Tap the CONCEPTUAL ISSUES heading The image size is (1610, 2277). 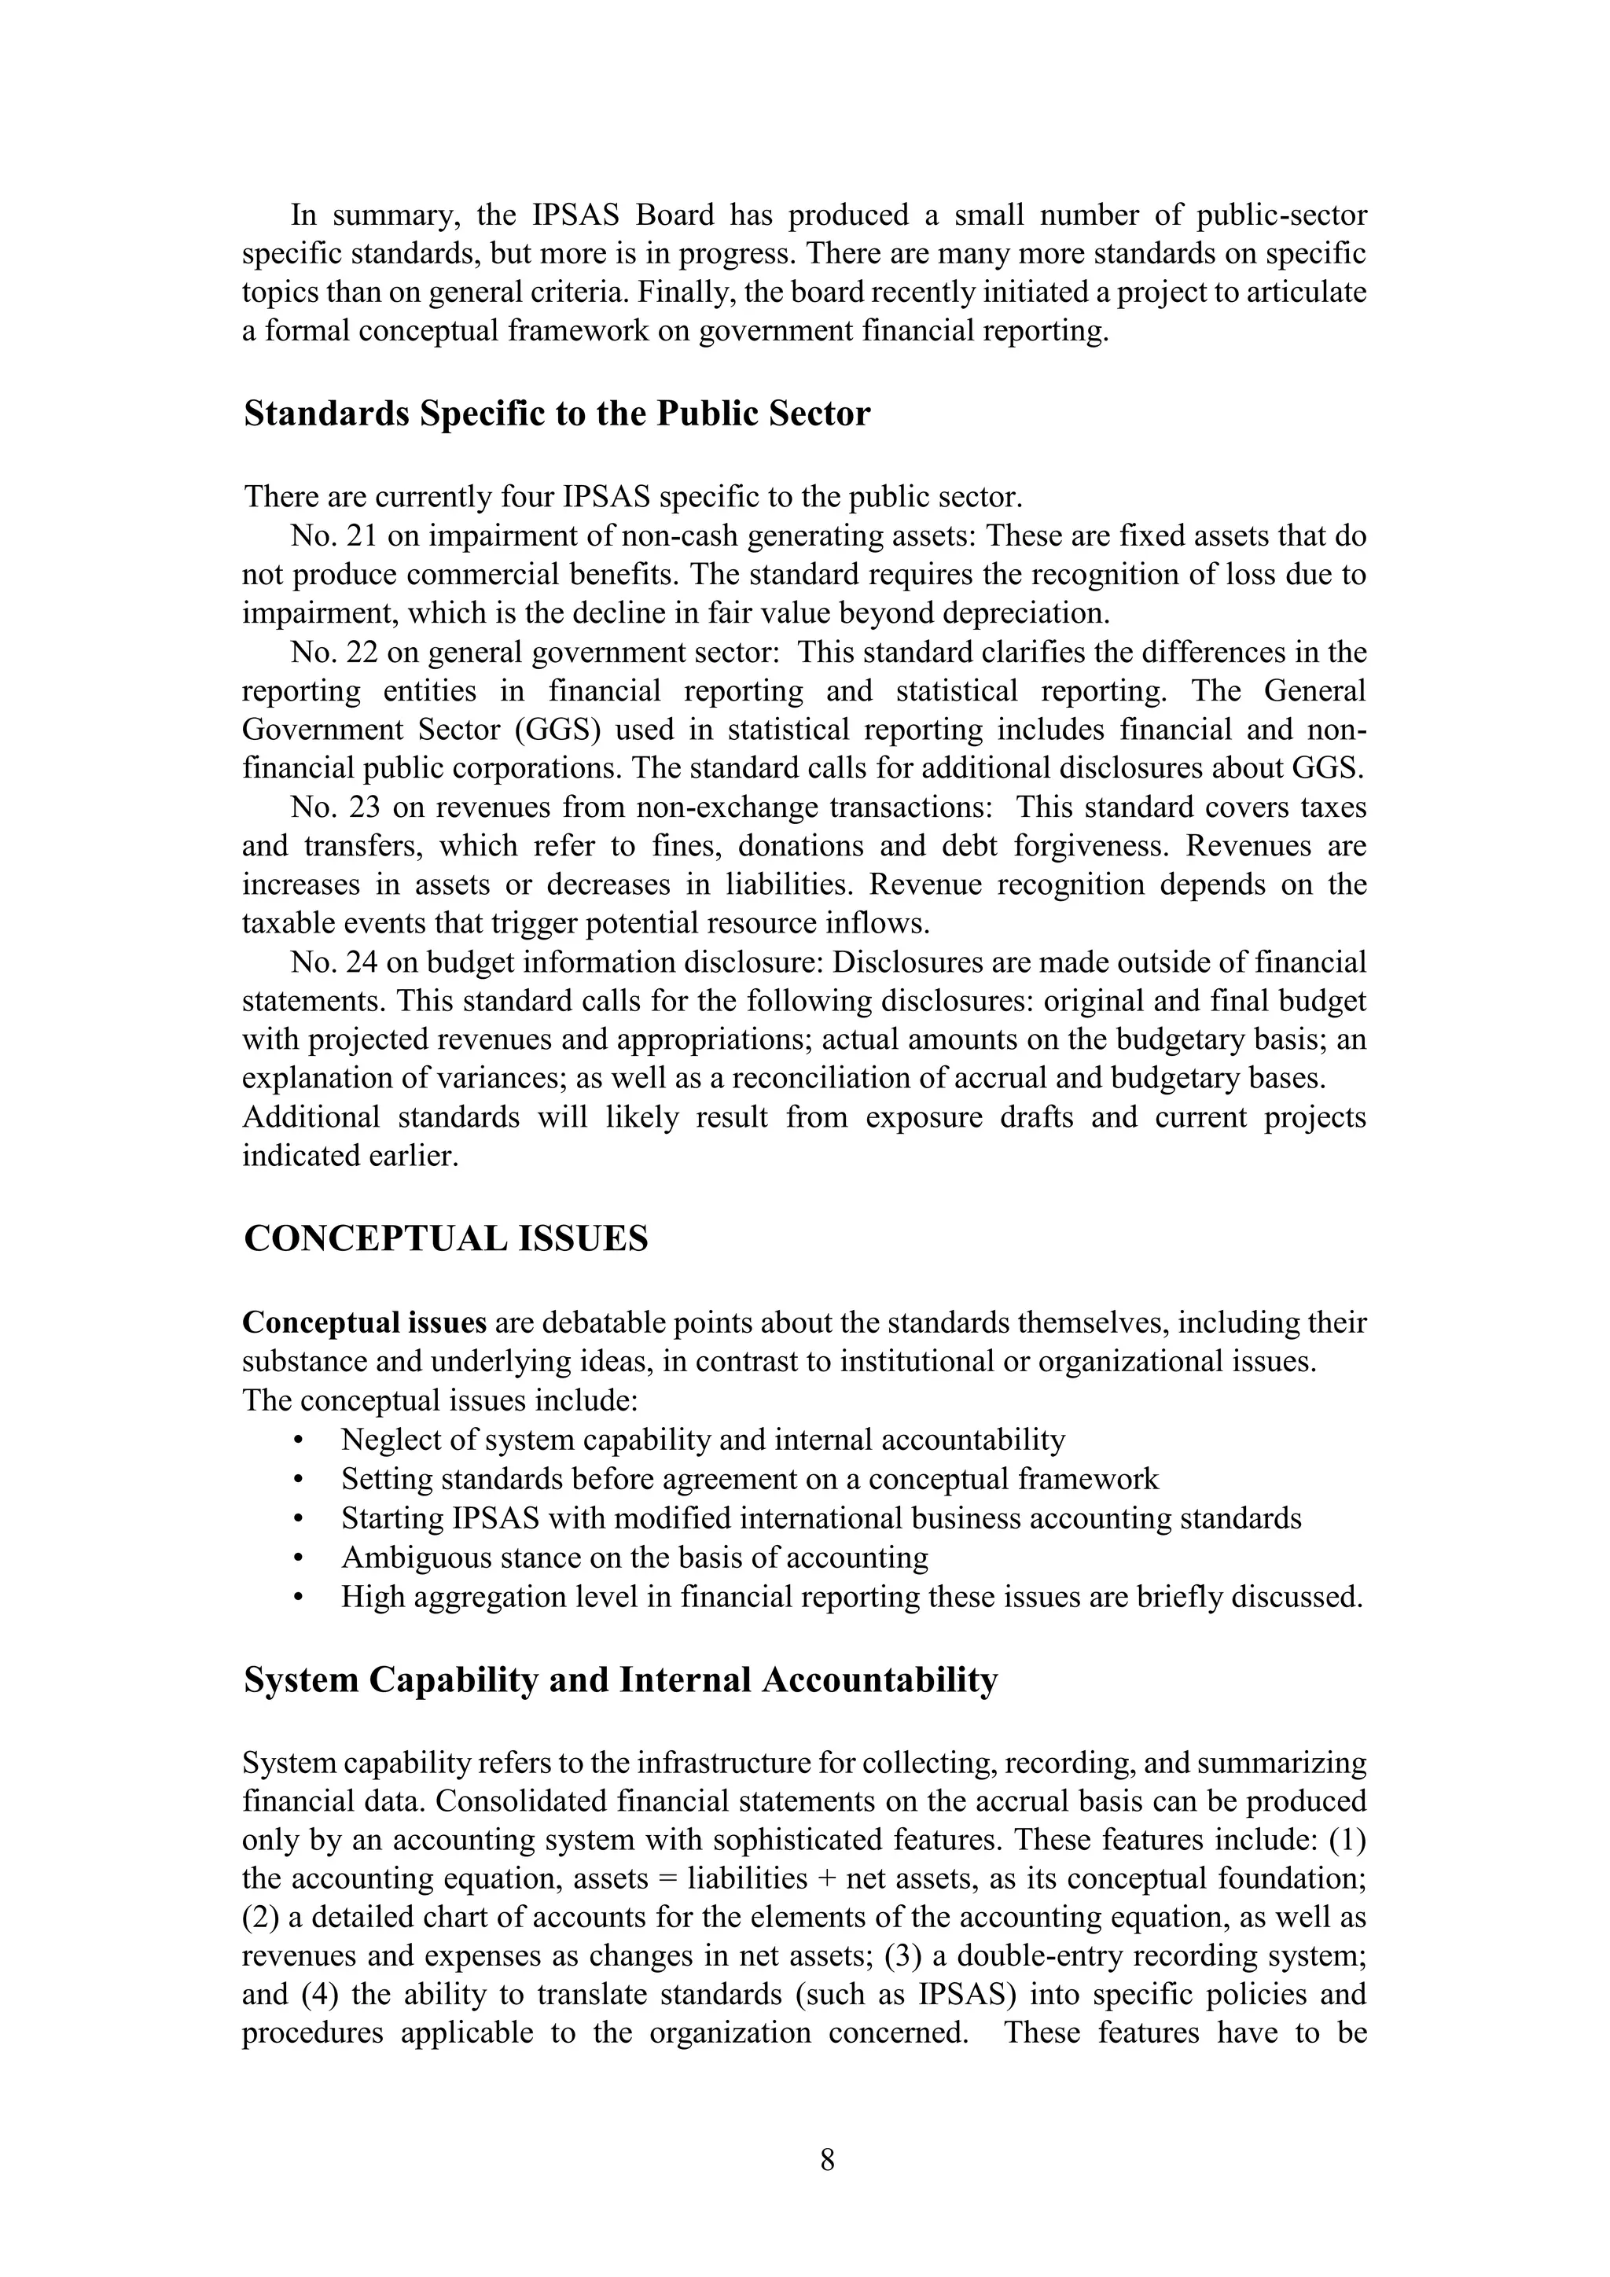[x=445, y=1238]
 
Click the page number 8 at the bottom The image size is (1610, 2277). [x=828, y=2160]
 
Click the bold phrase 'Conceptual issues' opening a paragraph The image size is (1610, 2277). [x=365, y=1323]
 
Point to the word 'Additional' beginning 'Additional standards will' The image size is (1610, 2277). [x=311, y=1118]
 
